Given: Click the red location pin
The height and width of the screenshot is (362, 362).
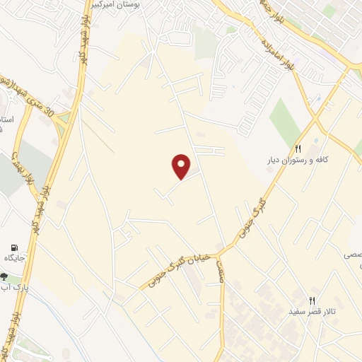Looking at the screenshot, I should [x=182, y=166].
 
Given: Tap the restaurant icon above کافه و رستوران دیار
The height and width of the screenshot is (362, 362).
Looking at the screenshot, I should [x=298, y=149].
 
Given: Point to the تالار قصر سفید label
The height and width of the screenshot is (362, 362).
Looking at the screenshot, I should [x=312, y=312].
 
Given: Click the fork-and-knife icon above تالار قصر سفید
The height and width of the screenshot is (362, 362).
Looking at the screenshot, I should [x=312, y=300].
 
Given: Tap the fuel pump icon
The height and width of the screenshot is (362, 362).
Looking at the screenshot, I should [x=13, y=247].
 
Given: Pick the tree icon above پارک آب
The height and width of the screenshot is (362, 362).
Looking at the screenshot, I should [x=5, y=276].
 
